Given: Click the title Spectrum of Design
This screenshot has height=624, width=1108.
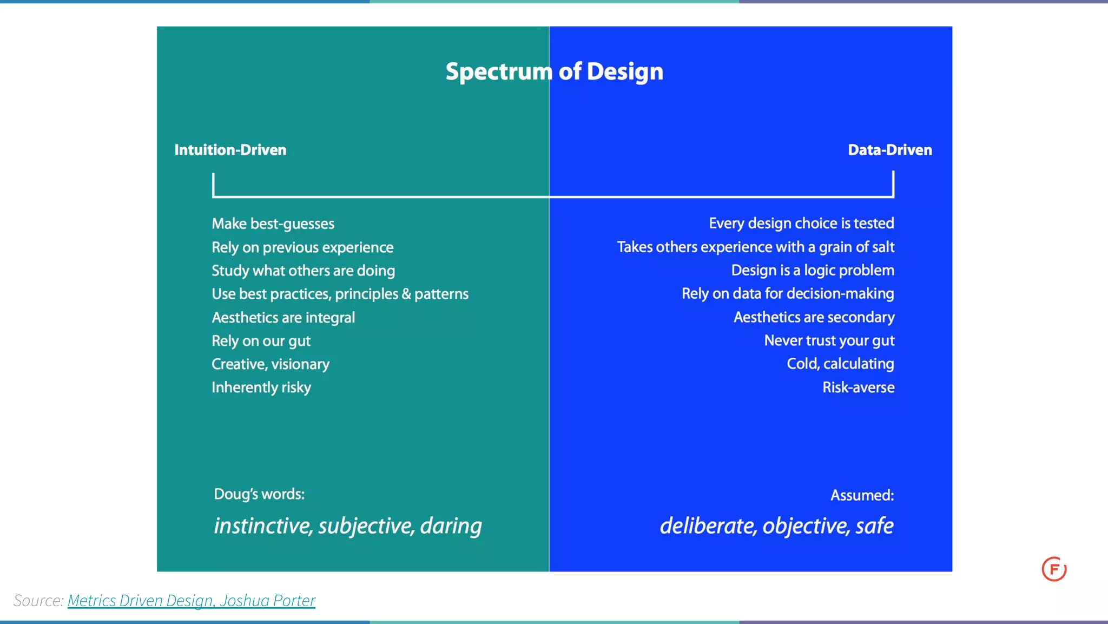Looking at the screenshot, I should (x=554, y=71).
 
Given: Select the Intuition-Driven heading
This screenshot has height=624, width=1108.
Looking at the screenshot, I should (x=230, y=150).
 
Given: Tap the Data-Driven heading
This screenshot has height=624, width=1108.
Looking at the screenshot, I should (x=889, y=150).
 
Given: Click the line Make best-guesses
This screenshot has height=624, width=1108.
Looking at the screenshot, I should (x=273, y=224).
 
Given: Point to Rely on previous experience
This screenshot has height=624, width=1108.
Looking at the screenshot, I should (x=302, y=247).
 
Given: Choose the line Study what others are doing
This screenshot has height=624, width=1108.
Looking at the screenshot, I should (x=303, y=271).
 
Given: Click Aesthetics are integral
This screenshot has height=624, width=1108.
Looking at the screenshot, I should (x=283, y=317).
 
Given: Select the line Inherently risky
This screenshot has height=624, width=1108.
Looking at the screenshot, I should (x=261, y=387).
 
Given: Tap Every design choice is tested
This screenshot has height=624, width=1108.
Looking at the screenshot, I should (x=801, y=223).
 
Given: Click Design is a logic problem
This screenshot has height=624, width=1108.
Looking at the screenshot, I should (x=812, y=270).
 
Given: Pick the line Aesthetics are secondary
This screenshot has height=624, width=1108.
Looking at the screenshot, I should (x=814, y=317).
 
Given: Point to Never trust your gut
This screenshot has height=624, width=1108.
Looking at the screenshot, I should (x=829, y=340).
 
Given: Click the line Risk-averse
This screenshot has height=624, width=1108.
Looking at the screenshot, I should (x=858, y=387).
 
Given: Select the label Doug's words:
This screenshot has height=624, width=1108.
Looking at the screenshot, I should (x=259, y=494).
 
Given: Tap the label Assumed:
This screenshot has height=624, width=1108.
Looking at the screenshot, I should (x=862, y=495).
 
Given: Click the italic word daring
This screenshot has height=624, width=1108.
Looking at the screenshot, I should (x=451, y=526).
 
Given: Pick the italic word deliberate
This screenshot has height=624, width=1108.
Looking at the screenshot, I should (x=708, y=526).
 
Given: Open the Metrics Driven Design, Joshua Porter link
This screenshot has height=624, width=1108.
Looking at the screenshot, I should (x=191, y=600).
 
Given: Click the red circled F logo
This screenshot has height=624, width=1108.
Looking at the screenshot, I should (x=1053, y=569).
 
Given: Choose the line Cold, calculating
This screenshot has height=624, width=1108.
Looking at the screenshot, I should (x=840, y=364).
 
